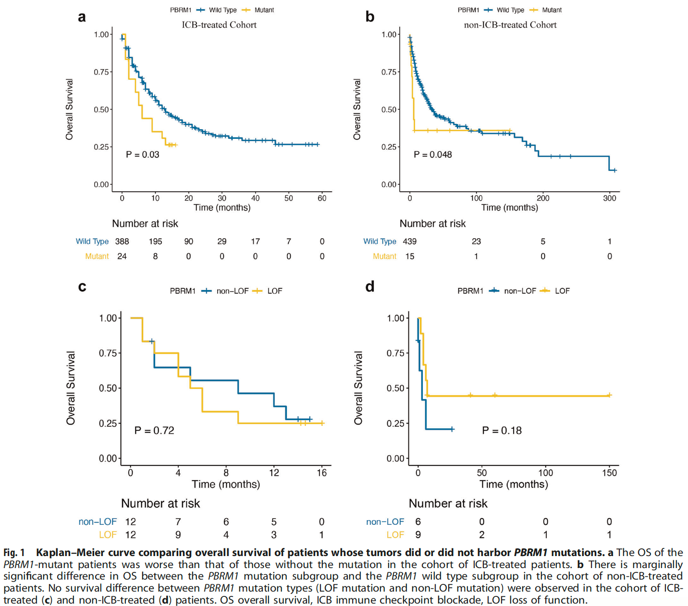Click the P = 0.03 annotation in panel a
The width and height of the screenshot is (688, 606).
tap(142, 155)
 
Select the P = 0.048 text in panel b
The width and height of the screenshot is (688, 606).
tap(432, 155)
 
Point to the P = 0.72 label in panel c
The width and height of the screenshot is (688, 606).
tap(154, 431)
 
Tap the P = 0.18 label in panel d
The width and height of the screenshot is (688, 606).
tap(502, 431)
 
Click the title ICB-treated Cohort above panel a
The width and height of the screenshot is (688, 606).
tap(219, 25)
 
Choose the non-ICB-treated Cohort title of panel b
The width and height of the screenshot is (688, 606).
tap(510, 25)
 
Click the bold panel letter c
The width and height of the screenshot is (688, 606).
tap(82, 287)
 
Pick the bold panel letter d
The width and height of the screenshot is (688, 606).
tap(369, 287)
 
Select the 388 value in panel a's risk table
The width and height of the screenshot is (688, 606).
tap(122, 242)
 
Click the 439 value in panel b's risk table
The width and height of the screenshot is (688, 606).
tap(410, 242)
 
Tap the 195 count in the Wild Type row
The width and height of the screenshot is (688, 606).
tap(155, 242)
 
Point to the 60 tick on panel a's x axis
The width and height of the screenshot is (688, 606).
tap(322, 198)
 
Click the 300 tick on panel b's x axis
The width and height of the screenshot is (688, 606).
tap(609, 198)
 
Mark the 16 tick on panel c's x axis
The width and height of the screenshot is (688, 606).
tap(321, 473)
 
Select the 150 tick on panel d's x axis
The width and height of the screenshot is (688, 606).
tap(609, 473)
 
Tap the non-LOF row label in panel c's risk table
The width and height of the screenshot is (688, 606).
tap(98, 522)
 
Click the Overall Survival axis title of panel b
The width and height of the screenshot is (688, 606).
tap(356, 109)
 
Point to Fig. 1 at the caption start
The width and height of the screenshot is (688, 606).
tap(14, 553)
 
